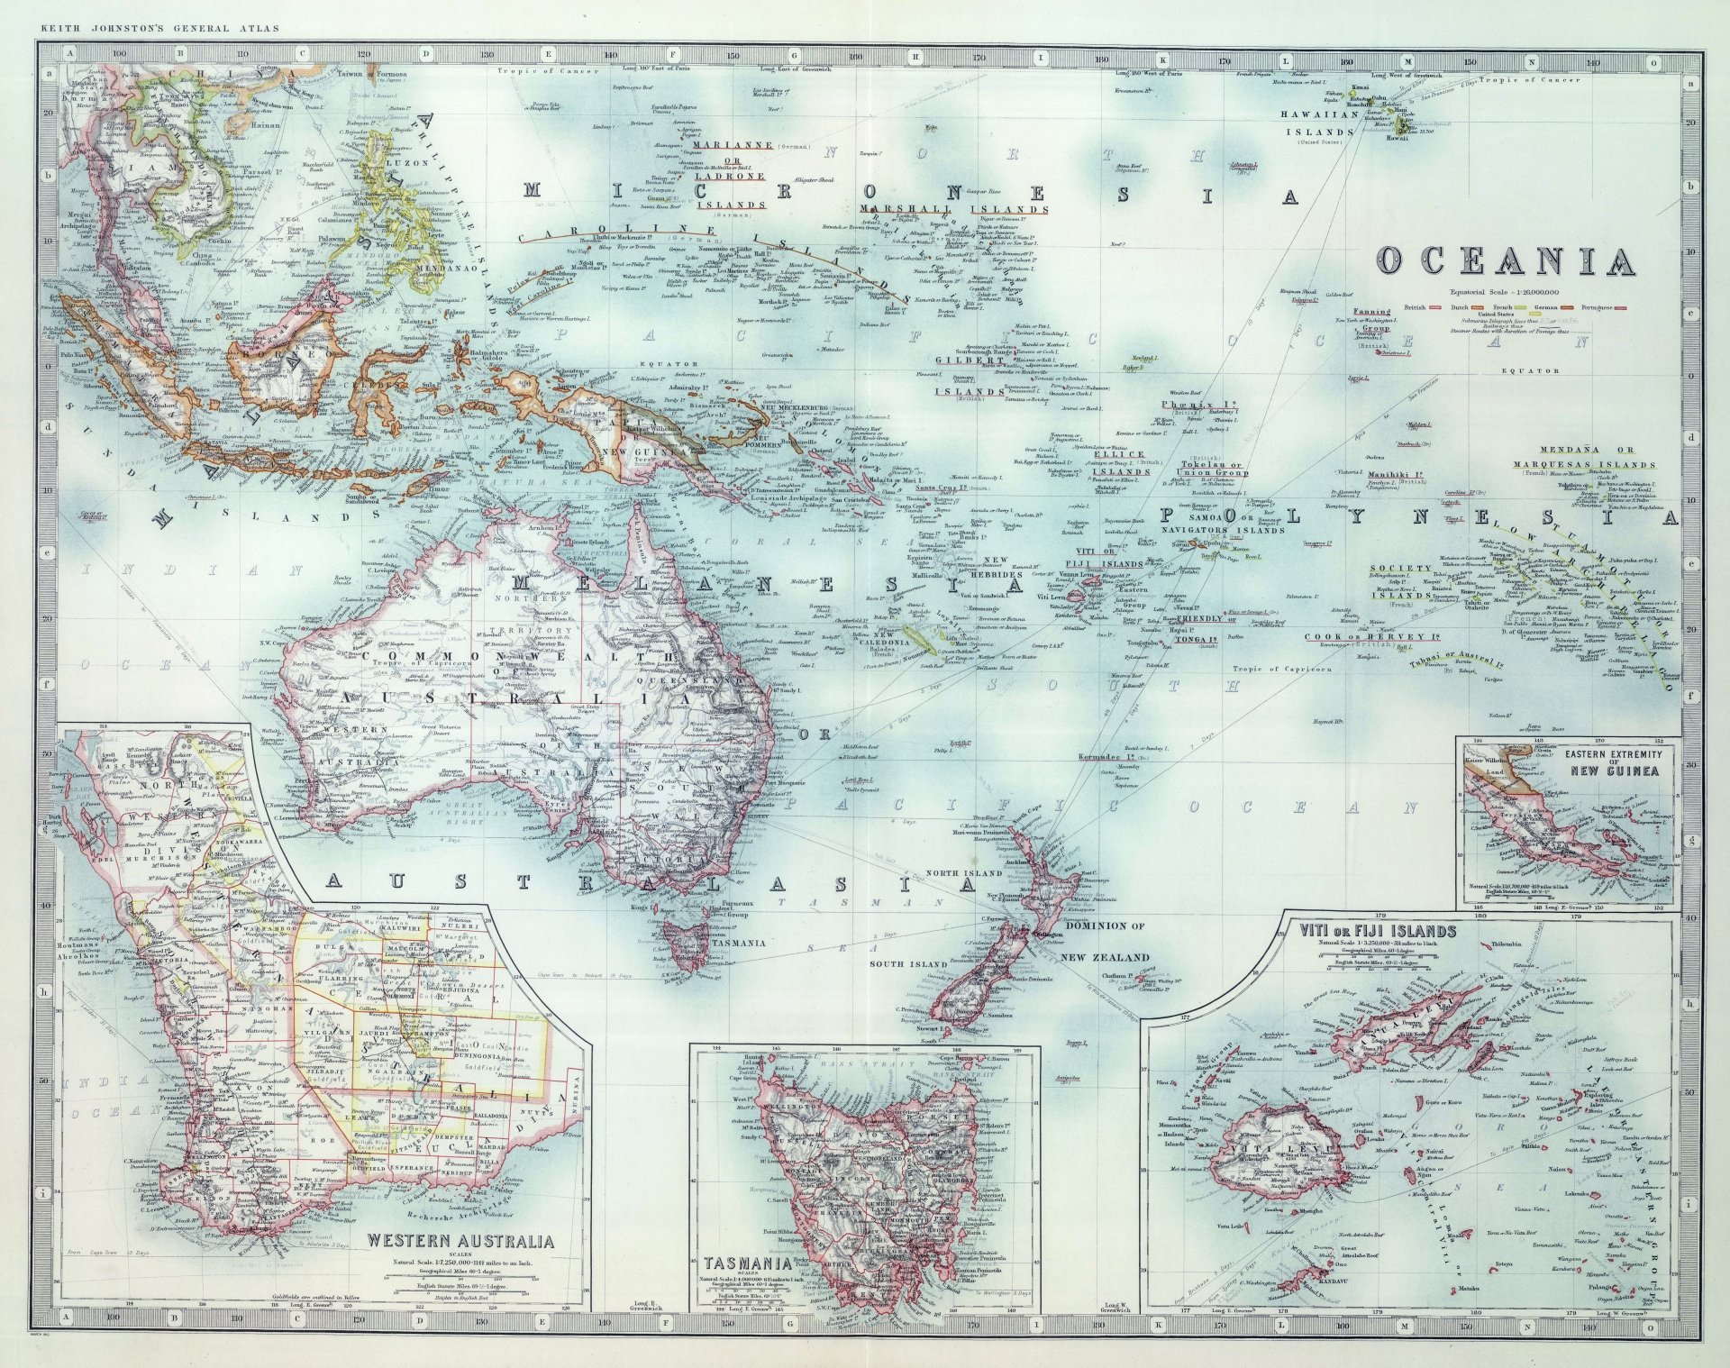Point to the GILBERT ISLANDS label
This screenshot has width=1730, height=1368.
coord(970,376)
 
